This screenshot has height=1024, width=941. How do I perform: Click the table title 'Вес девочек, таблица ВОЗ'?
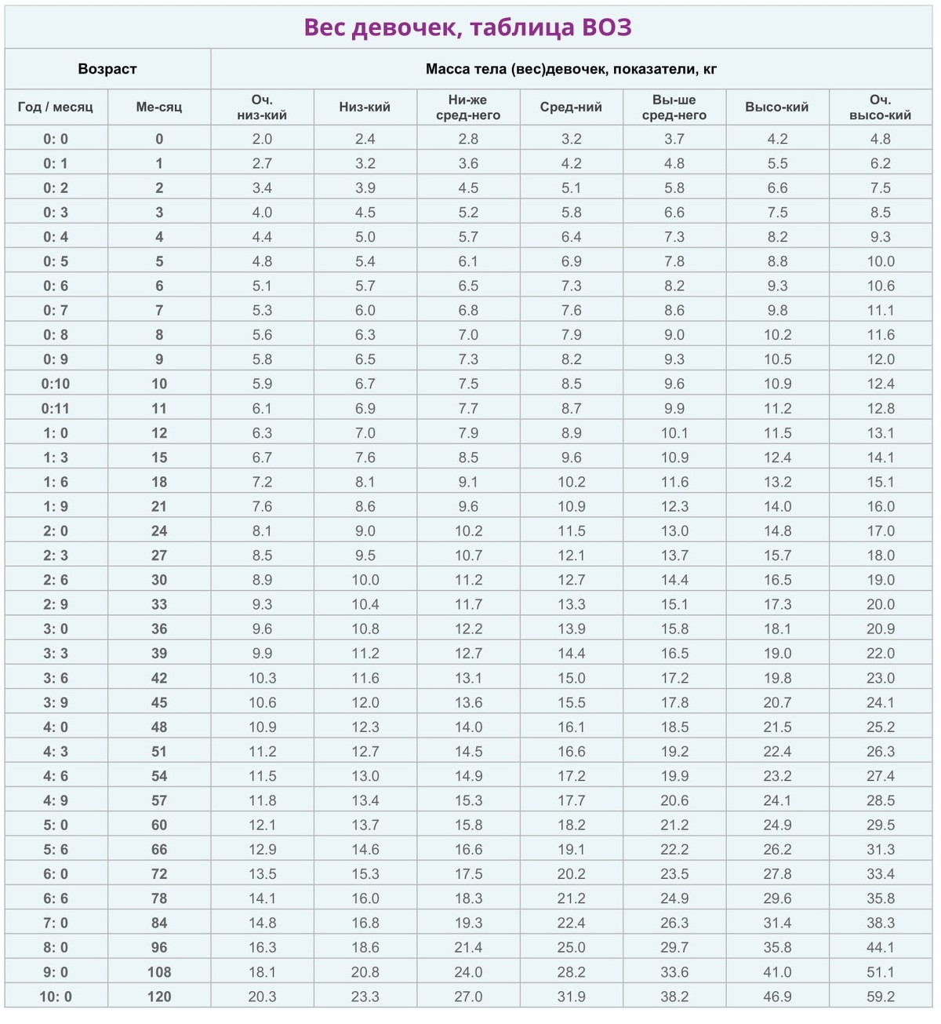[x=467, y=27]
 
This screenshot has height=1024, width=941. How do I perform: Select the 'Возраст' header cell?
[x=107, y=69]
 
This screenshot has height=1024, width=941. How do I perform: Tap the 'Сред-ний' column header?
[x=571, y=108]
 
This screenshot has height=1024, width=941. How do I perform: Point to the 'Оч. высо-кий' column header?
[x=880, y=108]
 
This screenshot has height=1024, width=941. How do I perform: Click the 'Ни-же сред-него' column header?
[x=468, y=108]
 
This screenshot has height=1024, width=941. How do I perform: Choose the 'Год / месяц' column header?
[x=56, y=108]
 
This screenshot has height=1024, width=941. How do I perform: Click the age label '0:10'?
[x=56, y=384]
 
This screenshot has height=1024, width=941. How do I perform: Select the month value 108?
[x=159, y=972]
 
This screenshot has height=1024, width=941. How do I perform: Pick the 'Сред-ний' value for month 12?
[x=571, y=433]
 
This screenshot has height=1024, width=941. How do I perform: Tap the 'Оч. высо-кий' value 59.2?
[x=880, y=997]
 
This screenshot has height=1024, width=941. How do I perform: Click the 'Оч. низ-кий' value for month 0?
[x=262, y=139]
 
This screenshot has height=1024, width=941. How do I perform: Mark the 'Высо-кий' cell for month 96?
[x=777, y=948]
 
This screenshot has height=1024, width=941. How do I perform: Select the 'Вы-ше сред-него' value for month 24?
[x=674, y=531]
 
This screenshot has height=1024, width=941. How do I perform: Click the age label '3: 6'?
[x=56, y=678]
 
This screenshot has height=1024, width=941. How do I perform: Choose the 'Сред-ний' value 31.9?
[x=571, y=997]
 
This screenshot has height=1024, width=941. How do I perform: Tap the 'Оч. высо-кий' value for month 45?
[x=880, y=702]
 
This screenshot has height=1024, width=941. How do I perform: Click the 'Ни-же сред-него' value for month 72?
[x=468, y=874]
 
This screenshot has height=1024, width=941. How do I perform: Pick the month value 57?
[x=159, y=800]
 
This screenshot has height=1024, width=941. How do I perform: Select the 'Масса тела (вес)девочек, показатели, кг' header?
[x=571, y=69]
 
